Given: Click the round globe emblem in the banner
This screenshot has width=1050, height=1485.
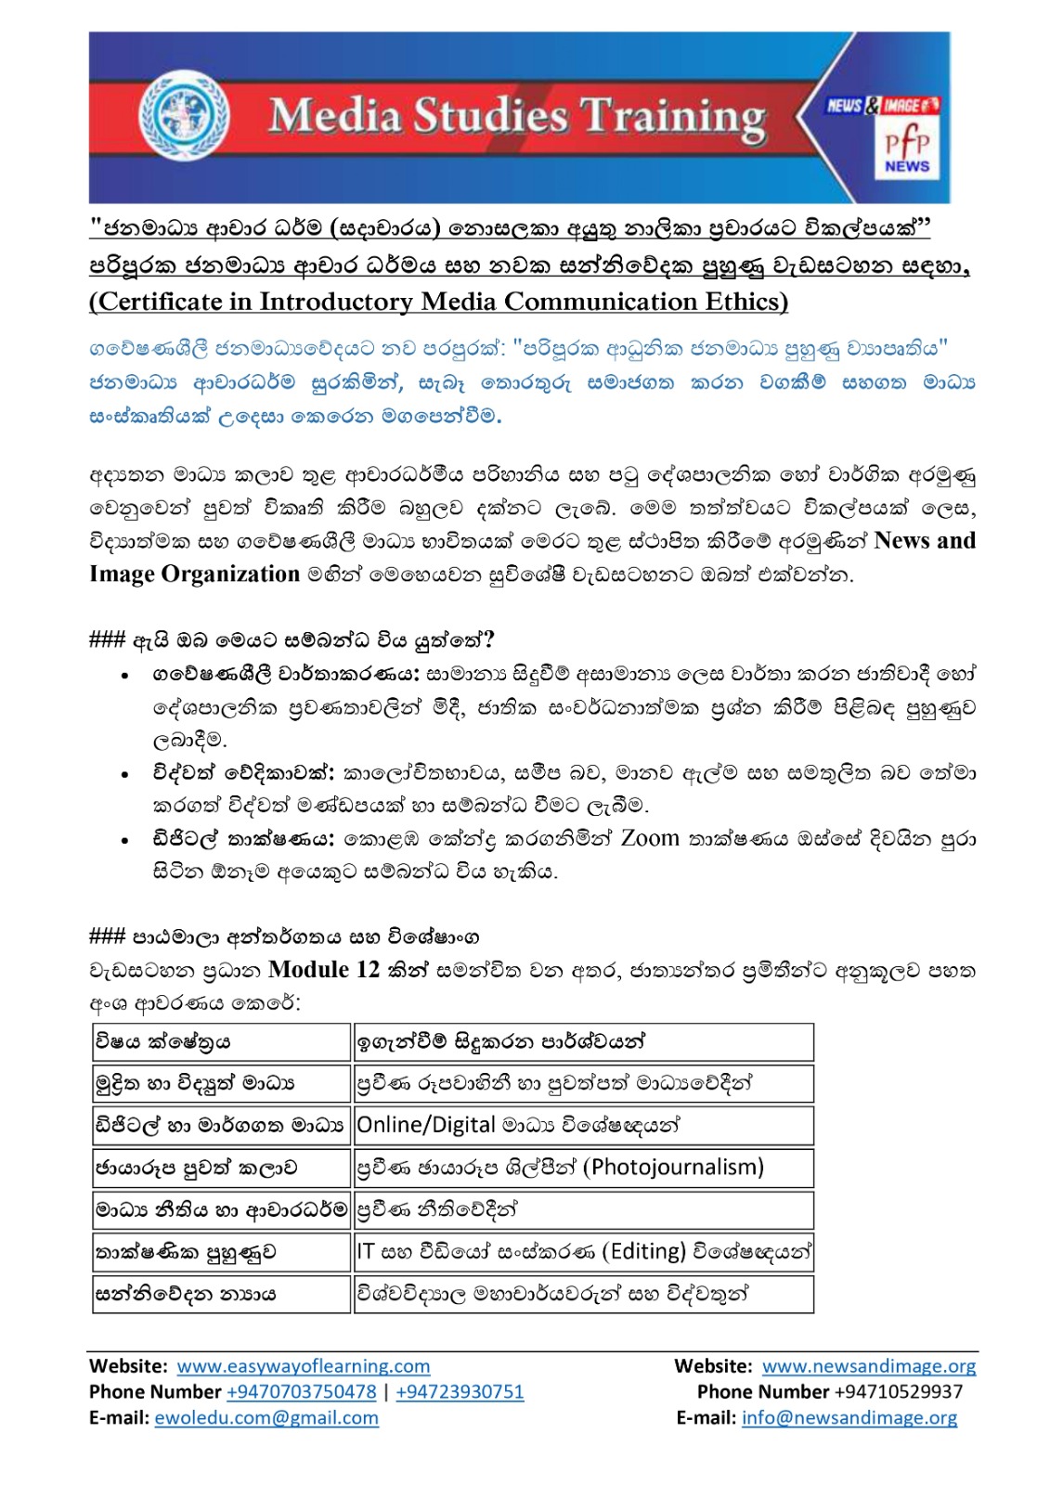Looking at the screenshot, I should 184,115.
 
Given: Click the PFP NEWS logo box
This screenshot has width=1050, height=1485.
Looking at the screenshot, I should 906,150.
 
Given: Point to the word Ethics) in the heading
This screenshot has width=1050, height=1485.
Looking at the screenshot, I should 742,302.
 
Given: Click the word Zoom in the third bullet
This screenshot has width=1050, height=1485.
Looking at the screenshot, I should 650,839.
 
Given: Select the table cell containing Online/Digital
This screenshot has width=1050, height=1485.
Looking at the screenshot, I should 583,1125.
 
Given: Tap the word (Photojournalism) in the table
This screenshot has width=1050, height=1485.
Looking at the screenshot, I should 673,1168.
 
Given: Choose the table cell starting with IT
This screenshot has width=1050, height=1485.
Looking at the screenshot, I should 583,1252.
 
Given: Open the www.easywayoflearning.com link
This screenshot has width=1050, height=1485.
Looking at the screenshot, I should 304,1366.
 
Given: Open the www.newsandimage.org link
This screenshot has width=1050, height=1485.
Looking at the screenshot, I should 869,1366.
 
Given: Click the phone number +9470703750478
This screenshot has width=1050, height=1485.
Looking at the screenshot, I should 302,1392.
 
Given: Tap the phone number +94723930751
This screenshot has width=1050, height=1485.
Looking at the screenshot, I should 460,1392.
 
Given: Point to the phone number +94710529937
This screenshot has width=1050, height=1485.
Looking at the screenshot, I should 898,1392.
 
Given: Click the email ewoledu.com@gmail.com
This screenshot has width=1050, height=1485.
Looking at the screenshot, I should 266,1418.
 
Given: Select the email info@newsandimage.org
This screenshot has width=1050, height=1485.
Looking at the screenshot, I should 849,1418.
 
